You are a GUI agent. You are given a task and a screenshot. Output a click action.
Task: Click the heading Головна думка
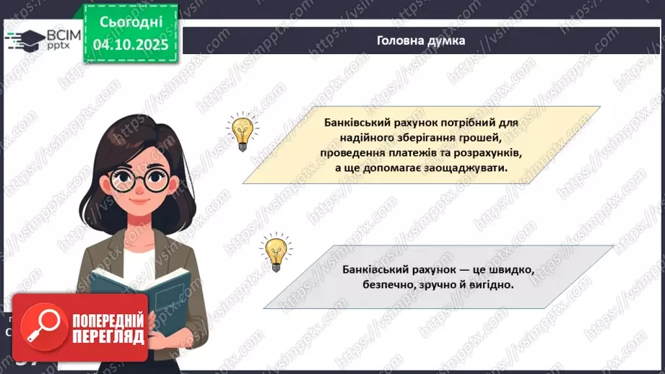pyautogui.click(x=421, y=40)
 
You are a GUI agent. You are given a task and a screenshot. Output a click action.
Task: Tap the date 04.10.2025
pyautogui.click(x=129, y=43)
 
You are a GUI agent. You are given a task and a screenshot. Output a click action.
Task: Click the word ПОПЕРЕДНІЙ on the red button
pyautogui.click(x=108, y=320)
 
